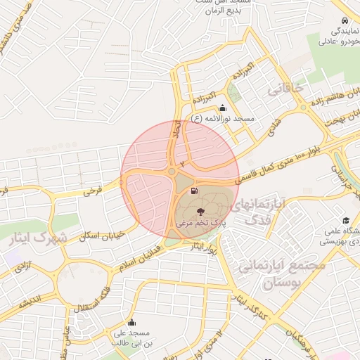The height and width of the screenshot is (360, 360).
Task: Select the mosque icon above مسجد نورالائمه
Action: click(x=223, y=108)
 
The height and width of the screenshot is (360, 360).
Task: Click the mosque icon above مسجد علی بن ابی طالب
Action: click(x=131, y=323)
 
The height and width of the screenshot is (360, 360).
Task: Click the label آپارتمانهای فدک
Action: click(x=258, y=211)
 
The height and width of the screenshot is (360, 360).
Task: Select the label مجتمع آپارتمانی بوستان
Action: click(x=282, y=275)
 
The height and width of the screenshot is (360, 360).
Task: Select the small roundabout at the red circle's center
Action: click(x=172, y=171)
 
